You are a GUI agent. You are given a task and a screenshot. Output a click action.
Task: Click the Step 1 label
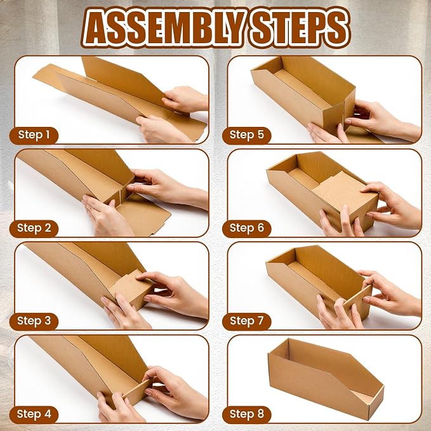pyautogui.click(x=34, y=135)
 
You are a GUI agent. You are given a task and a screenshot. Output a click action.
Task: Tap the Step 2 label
pyautogui.click(x=34, y=228)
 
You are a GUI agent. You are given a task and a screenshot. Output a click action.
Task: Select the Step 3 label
pyautogui.click(x=34, y=321)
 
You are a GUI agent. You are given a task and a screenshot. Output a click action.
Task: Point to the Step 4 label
pyautogui.click(x=34, y=414)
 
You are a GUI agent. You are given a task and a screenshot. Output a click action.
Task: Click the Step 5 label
pyautogui.click(x=246, y=135)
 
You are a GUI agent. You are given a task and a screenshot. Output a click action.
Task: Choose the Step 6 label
pyautogui.click(x=246, y=228)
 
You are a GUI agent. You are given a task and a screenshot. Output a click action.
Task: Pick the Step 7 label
pyautogui.click(x=246, y=321)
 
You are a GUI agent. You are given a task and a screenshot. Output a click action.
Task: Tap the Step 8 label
pyautogui.click(x=246, y=414)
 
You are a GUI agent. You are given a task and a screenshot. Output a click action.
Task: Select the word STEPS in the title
pyautogui.click(x=298, y=27)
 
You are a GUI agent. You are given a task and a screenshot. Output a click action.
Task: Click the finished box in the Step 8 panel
pyautogui.click(x=326, y=380)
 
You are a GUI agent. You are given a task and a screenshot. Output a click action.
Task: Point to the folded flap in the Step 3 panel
pyautogui.click(x=132, y=288)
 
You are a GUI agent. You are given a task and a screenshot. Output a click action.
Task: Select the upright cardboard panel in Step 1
pyautogui.click(x=124, y=80)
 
